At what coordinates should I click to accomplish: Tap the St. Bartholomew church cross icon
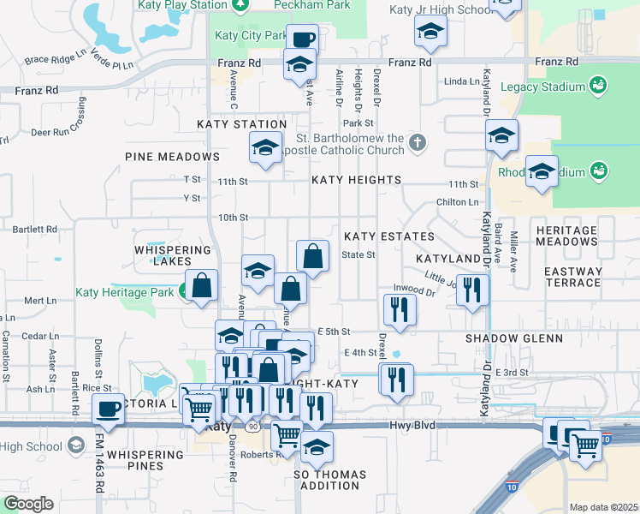[418, 142]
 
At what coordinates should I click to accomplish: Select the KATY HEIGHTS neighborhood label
[356, 180]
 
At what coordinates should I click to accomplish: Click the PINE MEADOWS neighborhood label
[172, 157]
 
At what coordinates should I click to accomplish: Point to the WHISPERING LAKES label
[172, 255]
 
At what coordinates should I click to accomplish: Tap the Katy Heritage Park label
[125, 292]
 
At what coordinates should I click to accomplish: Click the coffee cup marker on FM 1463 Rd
[109, 409]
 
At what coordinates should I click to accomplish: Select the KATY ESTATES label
[388, 236]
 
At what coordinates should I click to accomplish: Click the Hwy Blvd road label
[413, 425]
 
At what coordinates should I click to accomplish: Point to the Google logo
[28, 503]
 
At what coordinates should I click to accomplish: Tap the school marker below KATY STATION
[265, 147]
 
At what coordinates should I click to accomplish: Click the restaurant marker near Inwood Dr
[398, 309]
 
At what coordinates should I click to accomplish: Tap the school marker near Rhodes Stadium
[541, 171]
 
